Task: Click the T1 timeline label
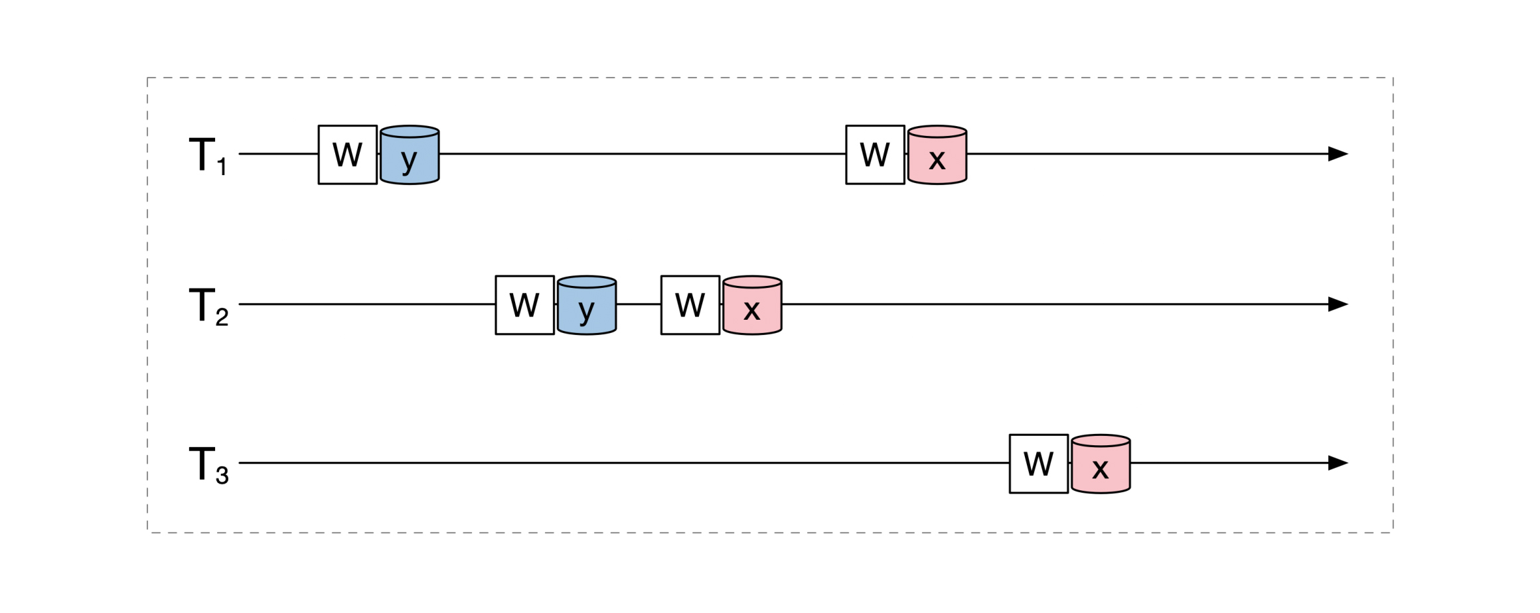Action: [x=208, y=157]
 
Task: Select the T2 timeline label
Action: [x=208, y=306]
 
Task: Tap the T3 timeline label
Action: [x=208, y=465]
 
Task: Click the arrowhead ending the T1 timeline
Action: [x=1337, y=154]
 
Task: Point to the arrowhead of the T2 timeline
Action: [x=1337, y=305]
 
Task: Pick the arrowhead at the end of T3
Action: [x=1337, y=463]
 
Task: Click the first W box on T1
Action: [x=348, y=155]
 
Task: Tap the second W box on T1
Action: [x=875, y=155]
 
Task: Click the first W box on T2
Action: [x=524, y=305]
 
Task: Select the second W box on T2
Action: [x=690, y=305]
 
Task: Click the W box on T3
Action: [x=1039, y=464]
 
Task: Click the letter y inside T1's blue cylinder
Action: [x=409, y=161]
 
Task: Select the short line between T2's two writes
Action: [x=639, y=305]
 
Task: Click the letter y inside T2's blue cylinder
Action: [x=586, y=310]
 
